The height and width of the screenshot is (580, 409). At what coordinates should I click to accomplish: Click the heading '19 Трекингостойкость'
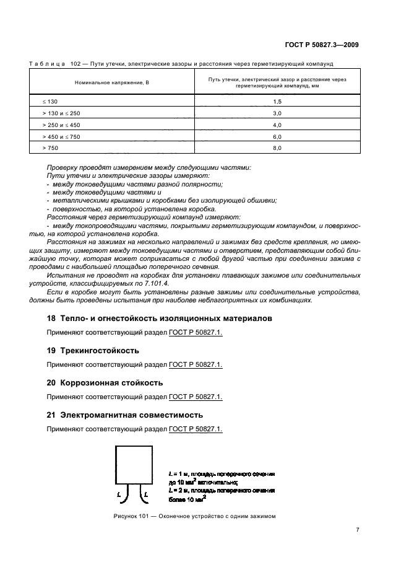pos(93,350)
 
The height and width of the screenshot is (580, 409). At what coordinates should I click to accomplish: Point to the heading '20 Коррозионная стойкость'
pos(105,382)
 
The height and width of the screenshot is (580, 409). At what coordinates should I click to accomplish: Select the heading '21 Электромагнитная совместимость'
pos(125,415)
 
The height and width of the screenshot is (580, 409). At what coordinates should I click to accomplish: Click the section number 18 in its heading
pos(51,318)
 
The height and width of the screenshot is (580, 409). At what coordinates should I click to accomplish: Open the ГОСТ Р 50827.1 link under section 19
pos(196,364)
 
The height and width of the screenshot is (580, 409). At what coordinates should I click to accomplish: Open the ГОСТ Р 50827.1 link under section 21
pos(196,429)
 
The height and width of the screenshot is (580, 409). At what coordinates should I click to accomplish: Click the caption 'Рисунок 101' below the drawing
pos(134,516)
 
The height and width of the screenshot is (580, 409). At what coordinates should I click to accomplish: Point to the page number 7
pos(358,530)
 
